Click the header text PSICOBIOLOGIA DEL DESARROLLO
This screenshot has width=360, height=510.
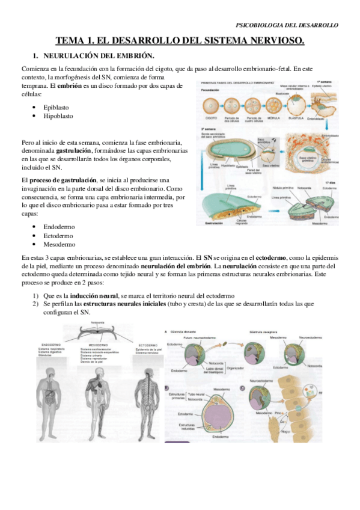point(287,25)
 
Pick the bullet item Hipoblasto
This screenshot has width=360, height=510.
point(59,115)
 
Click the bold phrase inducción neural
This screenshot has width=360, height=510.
point(93,296)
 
